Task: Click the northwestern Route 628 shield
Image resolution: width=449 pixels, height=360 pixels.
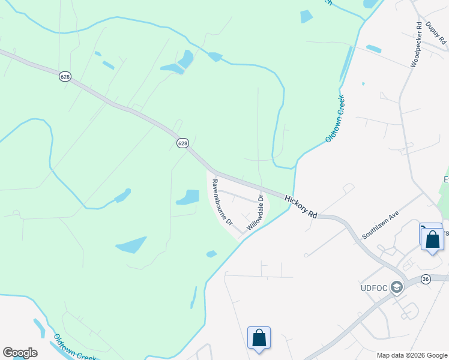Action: (x=64, y=76)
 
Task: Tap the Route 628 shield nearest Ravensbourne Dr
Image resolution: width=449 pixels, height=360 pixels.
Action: (x=182, y=143)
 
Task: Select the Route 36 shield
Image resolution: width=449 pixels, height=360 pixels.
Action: (x=426, y=279)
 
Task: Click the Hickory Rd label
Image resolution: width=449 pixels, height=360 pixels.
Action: (x=301, y=207)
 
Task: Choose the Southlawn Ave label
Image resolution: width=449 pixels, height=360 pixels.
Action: (x=380, y=225)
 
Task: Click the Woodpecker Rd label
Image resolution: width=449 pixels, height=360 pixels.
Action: (x=415, y=45)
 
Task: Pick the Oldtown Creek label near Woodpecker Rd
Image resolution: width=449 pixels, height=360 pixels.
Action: (x=335, y=119)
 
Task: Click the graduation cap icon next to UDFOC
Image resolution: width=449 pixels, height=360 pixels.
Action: (x=396, y=288)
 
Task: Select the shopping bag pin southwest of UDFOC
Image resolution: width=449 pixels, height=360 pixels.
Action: (x=259, y=338)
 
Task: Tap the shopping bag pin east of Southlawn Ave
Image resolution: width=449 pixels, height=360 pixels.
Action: (x=432, y=239)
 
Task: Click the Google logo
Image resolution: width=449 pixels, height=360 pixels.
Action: (x=20, y=353)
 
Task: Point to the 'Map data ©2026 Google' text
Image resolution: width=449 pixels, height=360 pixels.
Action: (x=411, y=355)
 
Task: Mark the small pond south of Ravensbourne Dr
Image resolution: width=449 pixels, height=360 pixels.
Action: (x=211, y=254)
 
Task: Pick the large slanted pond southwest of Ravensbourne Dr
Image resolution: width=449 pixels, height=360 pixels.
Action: (x=132, y=245)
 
